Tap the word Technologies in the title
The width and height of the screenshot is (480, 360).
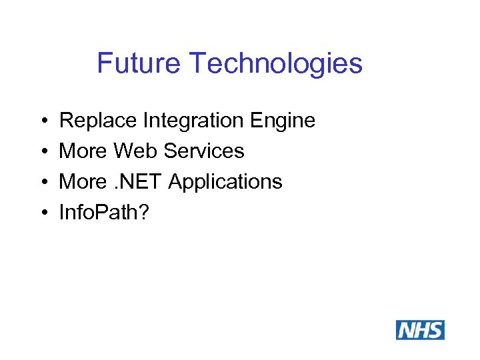[276, 63]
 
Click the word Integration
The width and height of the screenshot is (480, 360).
[192, 121]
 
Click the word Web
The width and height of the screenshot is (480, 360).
[136, 151]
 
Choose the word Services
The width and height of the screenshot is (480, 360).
[204, 151]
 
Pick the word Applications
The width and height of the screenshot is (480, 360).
[225, 182]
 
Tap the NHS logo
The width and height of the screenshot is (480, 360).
[420, 330]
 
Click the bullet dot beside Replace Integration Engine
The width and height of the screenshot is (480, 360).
[43, 121]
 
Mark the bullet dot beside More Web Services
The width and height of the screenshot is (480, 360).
[43, 151]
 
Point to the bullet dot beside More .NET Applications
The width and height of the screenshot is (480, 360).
[43, 182]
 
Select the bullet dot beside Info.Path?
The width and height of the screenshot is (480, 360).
[43, 213]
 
